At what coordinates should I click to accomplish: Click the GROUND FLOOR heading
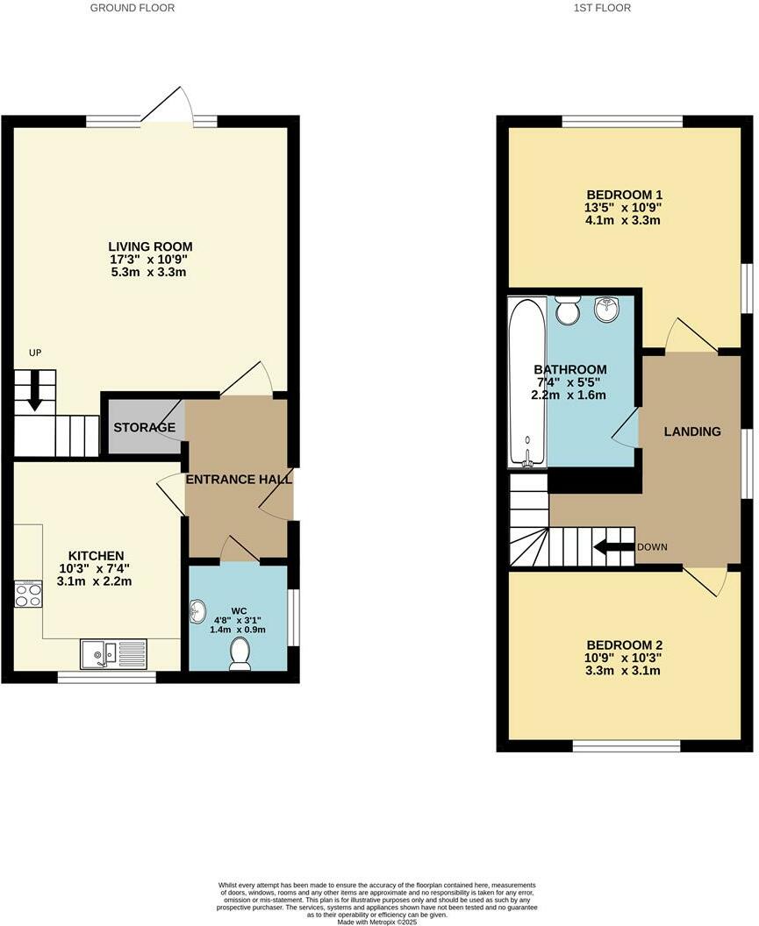click(x=132, y=8)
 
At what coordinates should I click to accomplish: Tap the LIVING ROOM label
click(x=150, y=246)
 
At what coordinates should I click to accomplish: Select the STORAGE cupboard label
click(x=145, y=427)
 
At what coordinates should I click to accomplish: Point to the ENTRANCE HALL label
click(x=239, y=480)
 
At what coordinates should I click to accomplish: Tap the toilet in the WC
click(x=240, y=653)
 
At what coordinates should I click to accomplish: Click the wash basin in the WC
click(x=198, y=609)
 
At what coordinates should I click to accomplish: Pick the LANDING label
click(x=691, y=431)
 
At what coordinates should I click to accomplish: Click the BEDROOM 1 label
click(x=624, y=195)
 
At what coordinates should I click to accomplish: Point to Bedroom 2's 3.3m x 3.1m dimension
click(x=624, y=671)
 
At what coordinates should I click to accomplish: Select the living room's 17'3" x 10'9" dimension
click(x=150, y=260)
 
